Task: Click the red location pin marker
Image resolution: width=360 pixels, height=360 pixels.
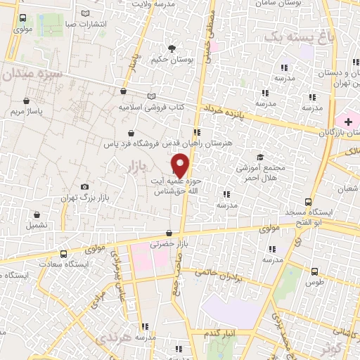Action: tap(181, 165)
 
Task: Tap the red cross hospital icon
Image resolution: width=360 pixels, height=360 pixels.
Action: tap(348, 122)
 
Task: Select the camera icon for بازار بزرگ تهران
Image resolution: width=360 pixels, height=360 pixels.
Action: tap(85, 186)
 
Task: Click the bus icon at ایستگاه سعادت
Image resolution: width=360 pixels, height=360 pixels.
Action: tap(64, 255)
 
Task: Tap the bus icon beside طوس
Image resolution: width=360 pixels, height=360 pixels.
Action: tap(314, 271)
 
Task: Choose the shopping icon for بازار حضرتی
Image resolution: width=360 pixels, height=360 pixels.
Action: tap(169, 233)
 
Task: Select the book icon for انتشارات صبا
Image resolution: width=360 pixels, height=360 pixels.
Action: tap(86, 13)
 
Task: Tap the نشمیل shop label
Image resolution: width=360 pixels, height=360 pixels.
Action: tap(37, 226)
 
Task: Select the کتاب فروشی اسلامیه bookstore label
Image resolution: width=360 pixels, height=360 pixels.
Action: tap(150, 108)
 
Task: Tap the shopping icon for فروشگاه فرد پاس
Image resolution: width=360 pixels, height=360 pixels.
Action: tap(131, 133)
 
